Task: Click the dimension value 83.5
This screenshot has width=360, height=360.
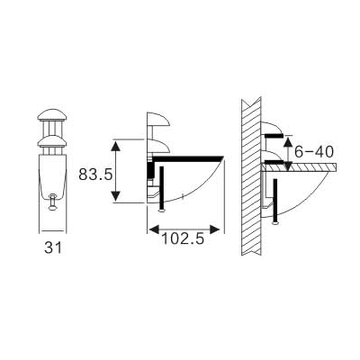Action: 94,173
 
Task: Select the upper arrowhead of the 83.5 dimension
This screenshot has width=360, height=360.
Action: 115,142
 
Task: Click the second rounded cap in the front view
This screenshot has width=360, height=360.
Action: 53,138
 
